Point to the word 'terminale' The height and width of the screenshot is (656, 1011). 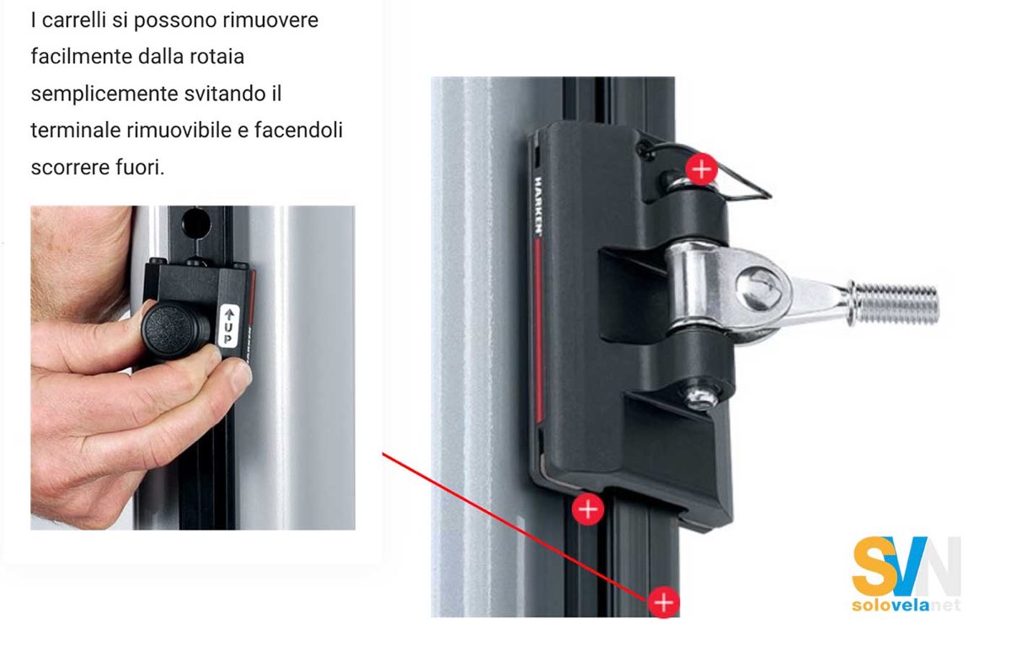click(72, 130)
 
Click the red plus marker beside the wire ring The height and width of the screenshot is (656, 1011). click(700, 168)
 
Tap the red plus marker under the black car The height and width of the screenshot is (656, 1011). click(587, 509)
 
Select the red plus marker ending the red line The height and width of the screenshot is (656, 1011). click(664, 602)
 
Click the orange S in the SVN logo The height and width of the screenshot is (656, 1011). click(871, 567)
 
